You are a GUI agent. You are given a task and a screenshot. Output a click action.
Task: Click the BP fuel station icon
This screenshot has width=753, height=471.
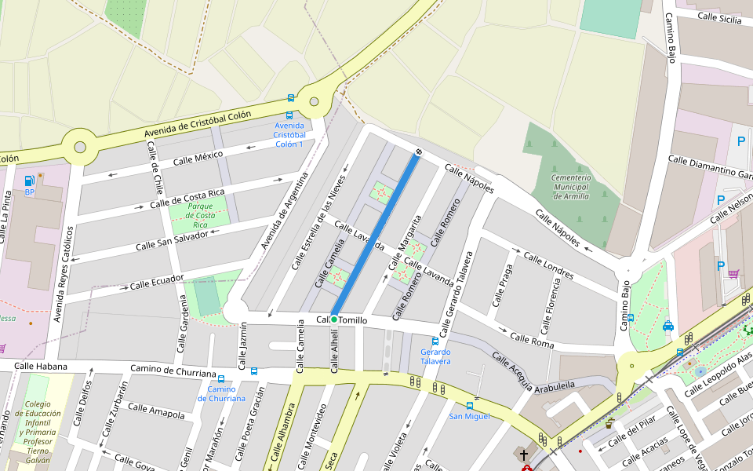click(x=29, y=181)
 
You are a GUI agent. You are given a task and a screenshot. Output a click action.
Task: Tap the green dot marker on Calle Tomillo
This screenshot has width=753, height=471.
click(x=334, y=319)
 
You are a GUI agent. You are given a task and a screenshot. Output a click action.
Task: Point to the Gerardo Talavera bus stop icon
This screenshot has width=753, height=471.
click(x=435, y=341)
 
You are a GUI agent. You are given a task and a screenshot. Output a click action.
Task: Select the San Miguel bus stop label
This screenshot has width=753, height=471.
click(x=469, y=416)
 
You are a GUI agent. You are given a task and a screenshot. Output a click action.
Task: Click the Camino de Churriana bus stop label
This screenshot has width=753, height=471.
click(x=221, y=393)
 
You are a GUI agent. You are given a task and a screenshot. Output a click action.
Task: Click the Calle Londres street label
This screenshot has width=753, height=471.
click(x=548, y=265)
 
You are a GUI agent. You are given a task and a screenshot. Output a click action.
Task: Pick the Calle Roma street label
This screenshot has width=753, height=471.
click(x=532, y=340)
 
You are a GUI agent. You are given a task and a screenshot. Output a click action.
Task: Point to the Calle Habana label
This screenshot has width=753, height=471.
click(x=41, y=366)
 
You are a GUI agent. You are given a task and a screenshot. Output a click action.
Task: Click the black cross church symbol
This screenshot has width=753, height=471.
click(x=524, y=455)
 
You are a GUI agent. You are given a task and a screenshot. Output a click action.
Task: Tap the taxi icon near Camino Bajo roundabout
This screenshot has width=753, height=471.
click(x=668, y=326)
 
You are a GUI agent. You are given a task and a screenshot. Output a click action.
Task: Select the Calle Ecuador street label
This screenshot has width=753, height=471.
click(x=156, y=281)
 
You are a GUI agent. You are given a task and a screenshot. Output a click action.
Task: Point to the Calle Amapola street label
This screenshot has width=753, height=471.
click(x=156, y=411)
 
